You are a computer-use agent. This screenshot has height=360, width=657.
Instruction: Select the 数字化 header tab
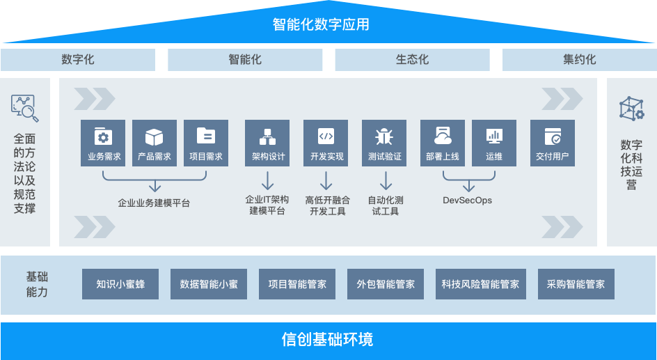pos(78,60)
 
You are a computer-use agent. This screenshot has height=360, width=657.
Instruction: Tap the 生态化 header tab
pos(412,60)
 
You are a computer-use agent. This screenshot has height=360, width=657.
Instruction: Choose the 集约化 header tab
pos(579,60)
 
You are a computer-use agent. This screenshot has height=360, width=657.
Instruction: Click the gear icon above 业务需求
pos(104,135)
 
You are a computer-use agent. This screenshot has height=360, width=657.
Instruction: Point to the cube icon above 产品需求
pos(155,135)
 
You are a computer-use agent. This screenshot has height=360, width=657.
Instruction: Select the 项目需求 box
pos(206,143)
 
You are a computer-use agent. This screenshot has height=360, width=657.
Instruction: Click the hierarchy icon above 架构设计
pos(268,135)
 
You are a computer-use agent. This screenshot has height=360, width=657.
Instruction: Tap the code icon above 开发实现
pos(326,135)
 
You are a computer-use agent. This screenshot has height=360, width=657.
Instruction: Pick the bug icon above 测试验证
pos(384,135)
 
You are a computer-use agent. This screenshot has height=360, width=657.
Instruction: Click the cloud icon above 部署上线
pos(443,135)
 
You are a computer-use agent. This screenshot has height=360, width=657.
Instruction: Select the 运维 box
pos(494,143)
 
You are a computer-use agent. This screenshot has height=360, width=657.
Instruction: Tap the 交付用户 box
pos(553,143)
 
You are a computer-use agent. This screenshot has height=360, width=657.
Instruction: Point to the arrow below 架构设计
pos(268,181)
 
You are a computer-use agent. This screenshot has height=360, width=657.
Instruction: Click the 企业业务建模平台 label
pos(154,203)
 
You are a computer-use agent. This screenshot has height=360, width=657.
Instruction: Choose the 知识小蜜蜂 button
pos(120,284)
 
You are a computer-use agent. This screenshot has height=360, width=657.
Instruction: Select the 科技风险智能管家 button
pos(480,284)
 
